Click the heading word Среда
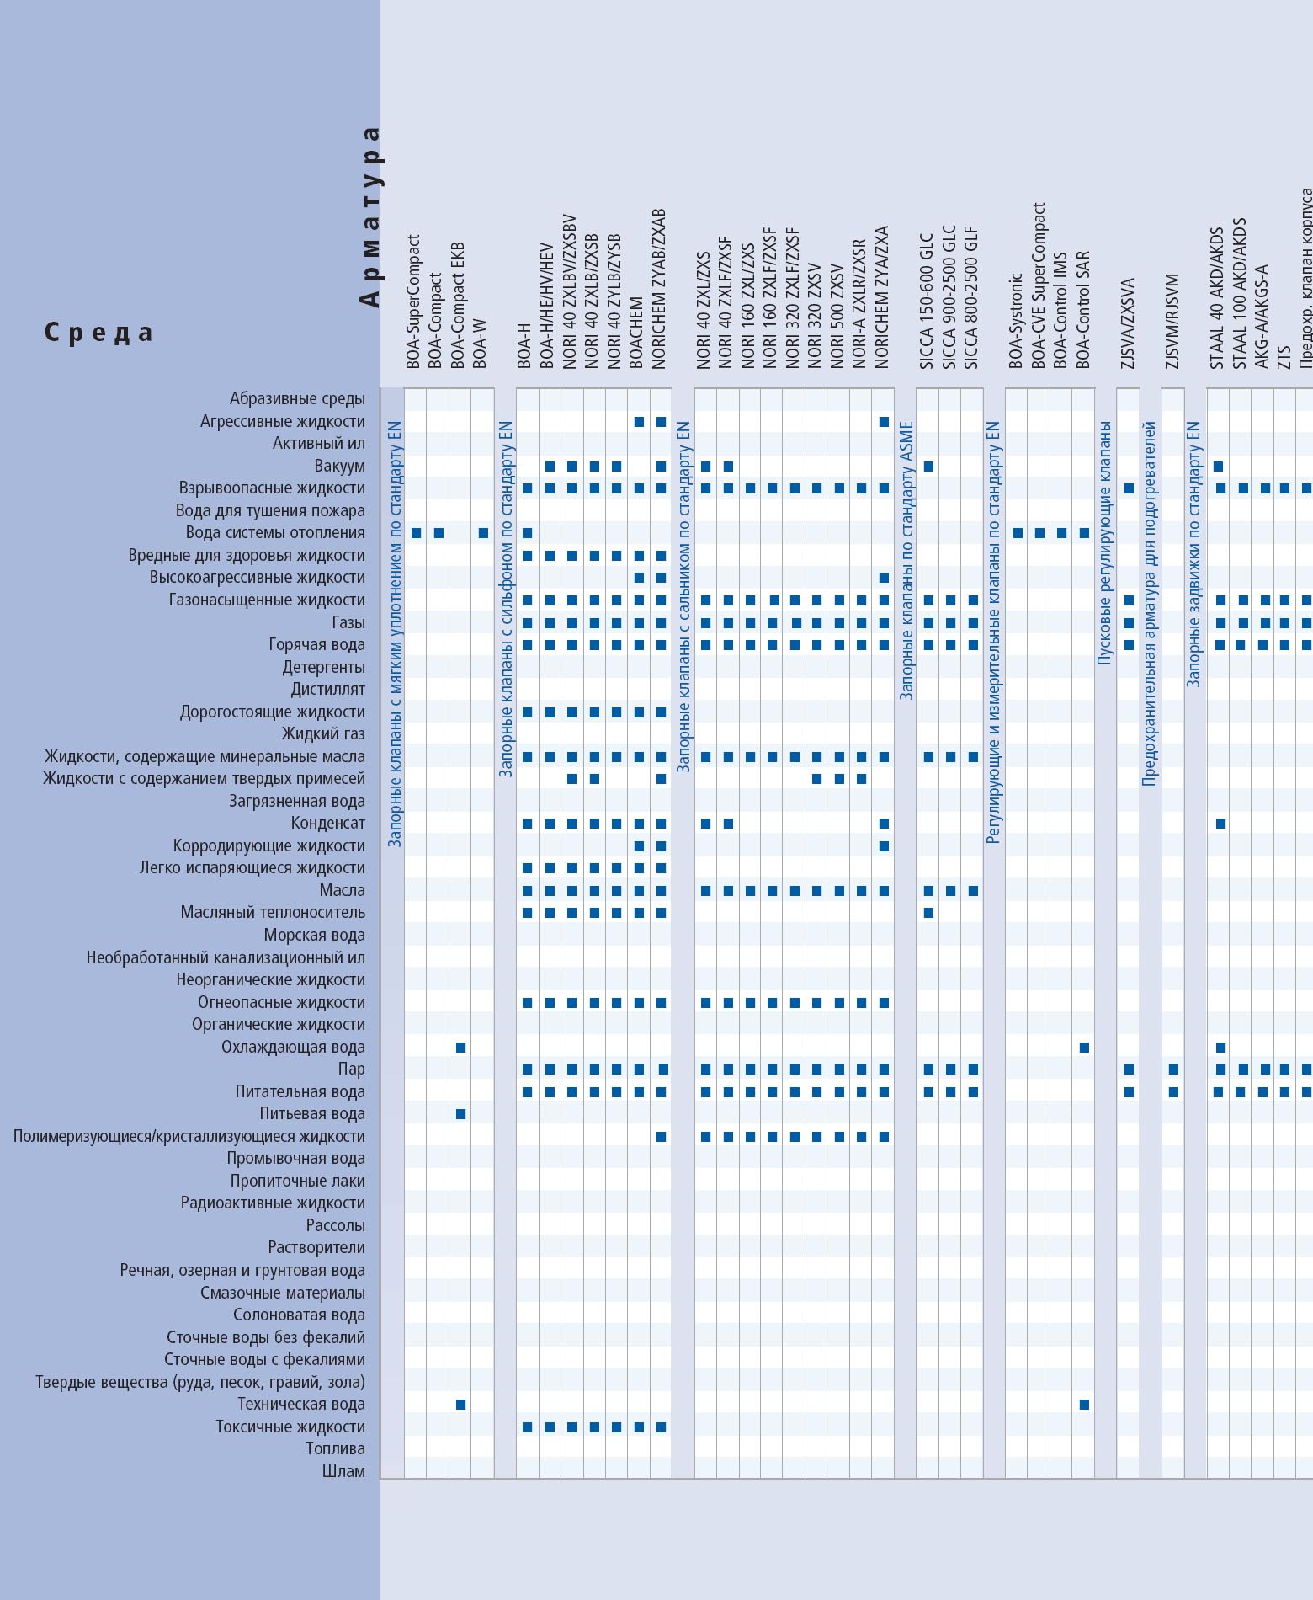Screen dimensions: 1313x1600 coord(98,333)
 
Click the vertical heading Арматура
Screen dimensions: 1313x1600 coord(369,216)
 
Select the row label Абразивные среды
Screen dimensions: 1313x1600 coord(297,398)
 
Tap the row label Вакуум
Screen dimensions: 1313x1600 coord(339,466)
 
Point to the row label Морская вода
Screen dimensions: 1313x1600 coord(314,935)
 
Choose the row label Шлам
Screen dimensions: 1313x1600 coord(343,1471)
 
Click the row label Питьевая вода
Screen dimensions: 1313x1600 coord(312,1113)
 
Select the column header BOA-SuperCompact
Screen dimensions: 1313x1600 coord(413,301)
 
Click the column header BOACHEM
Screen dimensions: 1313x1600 coord(636,332)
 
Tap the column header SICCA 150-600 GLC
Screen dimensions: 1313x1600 coord(927,301)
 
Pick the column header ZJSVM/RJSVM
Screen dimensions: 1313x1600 coord(1172,322)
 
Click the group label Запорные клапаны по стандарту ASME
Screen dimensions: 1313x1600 coord(906,561)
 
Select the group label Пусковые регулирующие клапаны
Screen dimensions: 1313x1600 coord(1104,544)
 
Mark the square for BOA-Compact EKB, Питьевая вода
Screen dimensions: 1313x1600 coord(460,1114)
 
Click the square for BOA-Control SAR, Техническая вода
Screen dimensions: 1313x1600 coord(1084,1405)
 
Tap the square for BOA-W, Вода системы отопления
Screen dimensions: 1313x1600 coord(483,533)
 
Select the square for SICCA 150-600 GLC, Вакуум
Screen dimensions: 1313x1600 coord(928,467)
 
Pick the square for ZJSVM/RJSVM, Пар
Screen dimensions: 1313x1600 coord(1173,1069)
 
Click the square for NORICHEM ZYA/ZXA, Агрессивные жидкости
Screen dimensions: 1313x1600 coord(884,422)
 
